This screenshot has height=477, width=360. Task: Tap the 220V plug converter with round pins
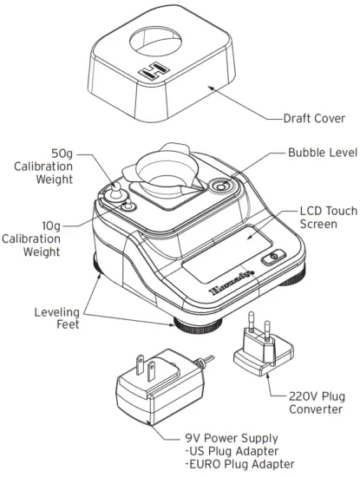(256, 355)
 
